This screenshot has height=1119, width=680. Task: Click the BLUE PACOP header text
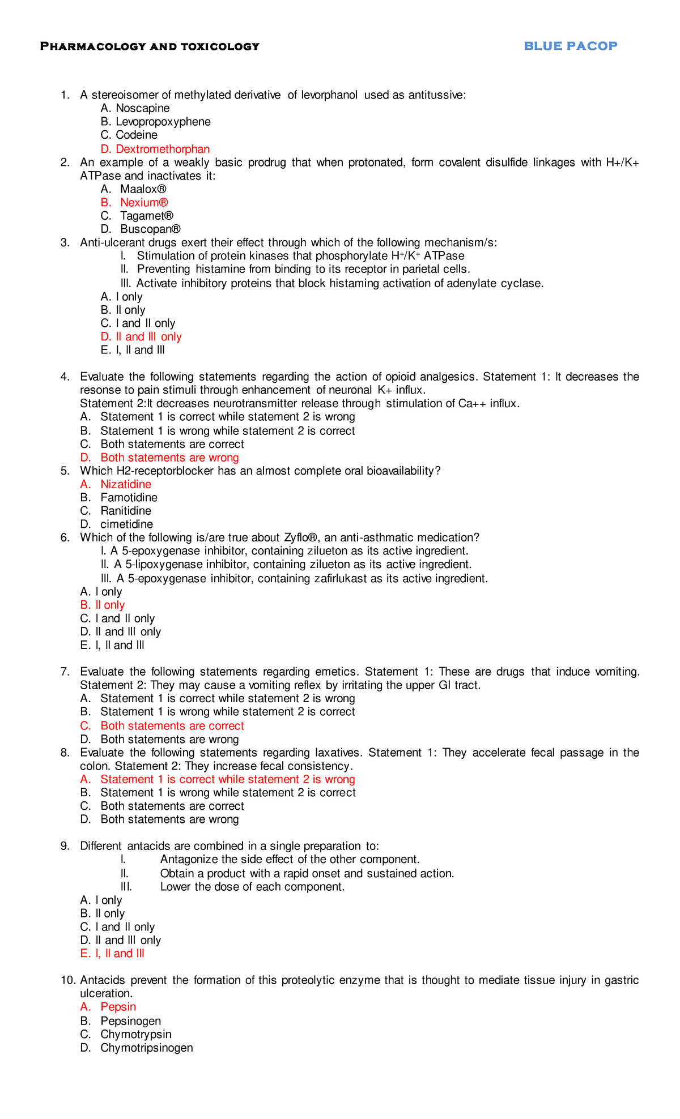(570, 46)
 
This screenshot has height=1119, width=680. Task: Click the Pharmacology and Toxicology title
(150, 46)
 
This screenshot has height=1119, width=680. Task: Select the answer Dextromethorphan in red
(162, 149)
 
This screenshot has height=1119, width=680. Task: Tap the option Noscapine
(142, 108)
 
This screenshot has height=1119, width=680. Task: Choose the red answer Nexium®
(144, 203)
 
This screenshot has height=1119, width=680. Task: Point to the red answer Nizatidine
(126, 484)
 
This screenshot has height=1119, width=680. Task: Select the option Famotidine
(129, 498)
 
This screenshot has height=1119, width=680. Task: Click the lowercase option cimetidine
(126, 524)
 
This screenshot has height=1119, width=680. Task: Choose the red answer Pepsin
(118, 1007)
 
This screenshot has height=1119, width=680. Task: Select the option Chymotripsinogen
(146, 1048)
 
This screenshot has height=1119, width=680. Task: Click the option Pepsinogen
(130, 1021)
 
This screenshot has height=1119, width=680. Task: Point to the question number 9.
(65, 846)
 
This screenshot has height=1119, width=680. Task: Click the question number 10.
(67, 980)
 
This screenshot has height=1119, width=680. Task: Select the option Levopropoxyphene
(163, 122)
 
